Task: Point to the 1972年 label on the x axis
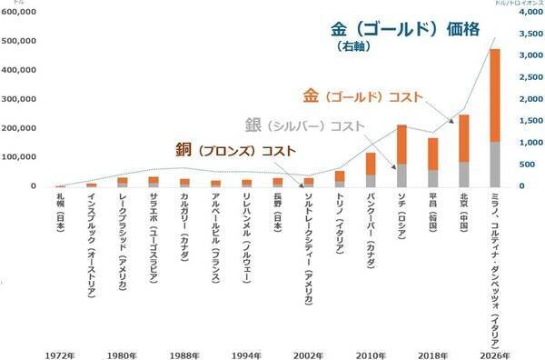click(x=59, y=349)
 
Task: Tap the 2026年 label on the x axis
click(x=494, y=349)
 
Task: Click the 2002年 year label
click(x=308, y=349)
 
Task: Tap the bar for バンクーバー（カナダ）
click(x=371, y=170)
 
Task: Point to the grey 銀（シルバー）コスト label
click(x=304, y=125)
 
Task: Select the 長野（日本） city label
click(x=277, y=211)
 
